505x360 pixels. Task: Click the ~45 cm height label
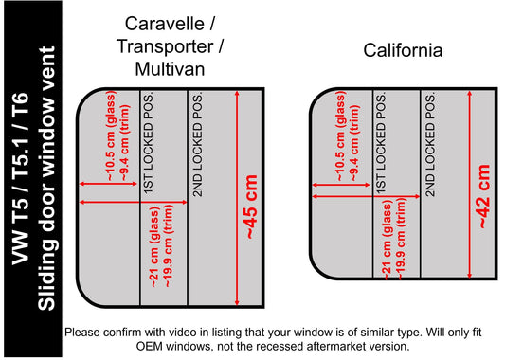[x=252, y=207]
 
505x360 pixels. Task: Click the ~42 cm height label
[x=484, y=197]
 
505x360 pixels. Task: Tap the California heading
[x=403, y=50]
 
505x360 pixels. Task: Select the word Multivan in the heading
[x=170, y=68]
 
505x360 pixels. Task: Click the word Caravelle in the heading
[x=165, y=24]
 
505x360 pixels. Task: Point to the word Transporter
[x=165, y=46]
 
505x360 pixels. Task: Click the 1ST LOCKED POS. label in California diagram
[x=381, y=144]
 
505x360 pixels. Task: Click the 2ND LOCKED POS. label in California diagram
[x=430, y=145]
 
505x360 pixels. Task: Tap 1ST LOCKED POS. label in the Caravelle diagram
[x=149, y=144]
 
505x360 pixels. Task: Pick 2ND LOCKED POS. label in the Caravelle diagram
[x=197, y=145]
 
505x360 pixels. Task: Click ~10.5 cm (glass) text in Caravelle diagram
[x=111, y=135]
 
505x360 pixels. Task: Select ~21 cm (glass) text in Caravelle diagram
[x=154, y=247]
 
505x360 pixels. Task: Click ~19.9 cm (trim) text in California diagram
[x=401, y=239]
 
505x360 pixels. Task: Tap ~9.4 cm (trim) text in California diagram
[x=355, y=143]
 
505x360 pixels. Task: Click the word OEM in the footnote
[x=150, y=347]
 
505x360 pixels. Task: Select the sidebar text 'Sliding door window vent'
[x=46, y=178]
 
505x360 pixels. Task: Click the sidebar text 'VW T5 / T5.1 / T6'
[x=21, y=178]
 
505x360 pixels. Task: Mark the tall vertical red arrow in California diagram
[x=470, y=184]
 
